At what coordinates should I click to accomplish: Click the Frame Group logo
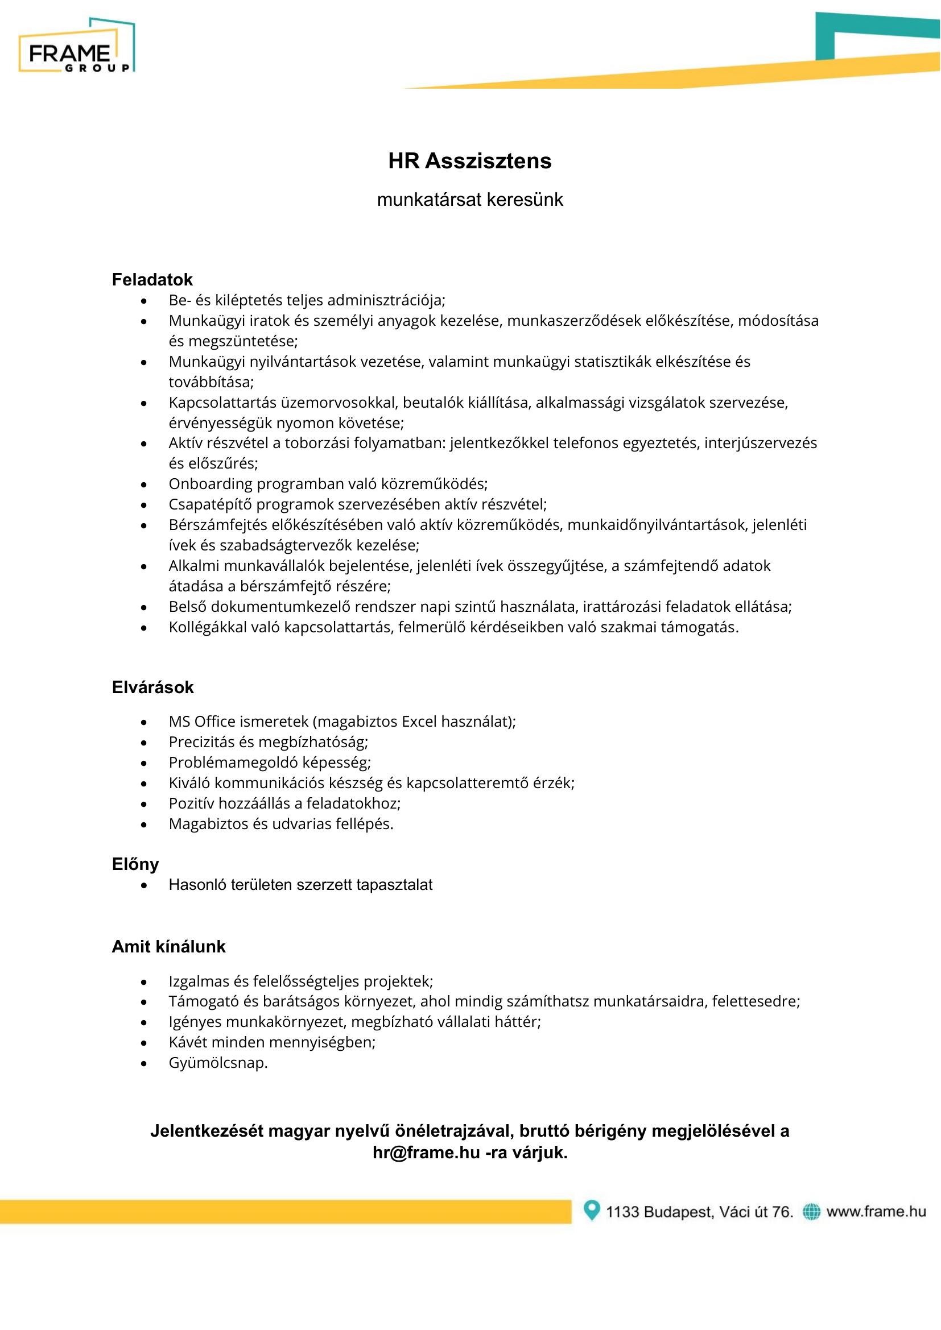point(76,46)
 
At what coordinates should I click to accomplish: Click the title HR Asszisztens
point(469,161)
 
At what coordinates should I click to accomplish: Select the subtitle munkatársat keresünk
point(469,200)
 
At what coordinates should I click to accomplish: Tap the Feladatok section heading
point(152,280)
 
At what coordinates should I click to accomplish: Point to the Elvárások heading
point(152,687)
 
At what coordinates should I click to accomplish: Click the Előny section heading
point(135,864)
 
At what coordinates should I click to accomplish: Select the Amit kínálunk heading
point(168,947)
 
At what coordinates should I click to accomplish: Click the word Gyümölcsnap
point(218,1063)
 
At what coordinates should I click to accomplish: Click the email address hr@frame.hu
point(427,1153)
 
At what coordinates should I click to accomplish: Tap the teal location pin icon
point(591,1211)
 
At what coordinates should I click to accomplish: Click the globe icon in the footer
point(811,1211)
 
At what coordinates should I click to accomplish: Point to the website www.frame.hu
point(876,1211)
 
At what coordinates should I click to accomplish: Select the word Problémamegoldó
point(233,763)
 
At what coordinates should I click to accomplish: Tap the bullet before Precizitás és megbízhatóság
point(144,743)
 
